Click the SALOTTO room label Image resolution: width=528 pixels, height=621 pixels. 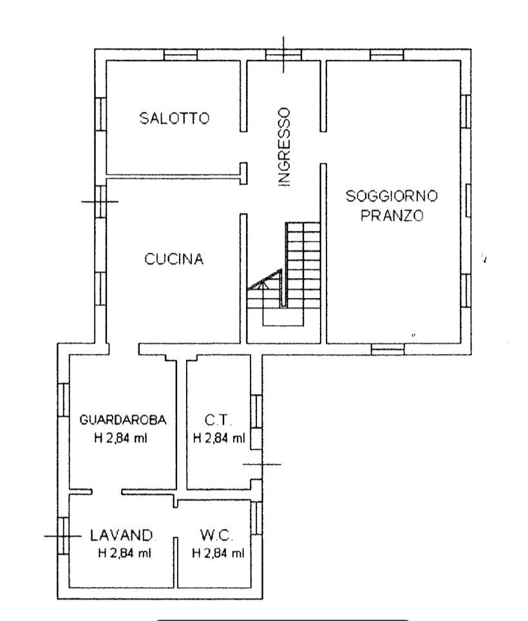[x=174, y=118]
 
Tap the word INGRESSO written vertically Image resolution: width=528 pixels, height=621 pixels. [x=284, y=147]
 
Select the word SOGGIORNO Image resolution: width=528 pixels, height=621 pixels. [x=391, y=196]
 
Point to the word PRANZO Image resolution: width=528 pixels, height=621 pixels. [x=391, y=216]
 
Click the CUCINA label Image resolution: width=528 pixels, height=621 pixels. [x=174, y=259]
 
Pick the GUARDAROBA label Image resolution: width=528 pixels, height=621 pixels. [x=123, y=420]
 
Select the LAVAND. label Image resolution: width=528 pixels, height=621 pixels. [x=121, y=535]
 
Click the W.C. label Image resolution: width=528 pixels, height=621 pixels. [x=216, y=535]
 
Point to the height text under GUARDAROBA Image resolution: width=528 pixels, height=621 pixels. [x=120, y=438]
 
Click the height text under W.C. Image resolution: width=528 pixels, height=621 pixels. [x=218, y=553]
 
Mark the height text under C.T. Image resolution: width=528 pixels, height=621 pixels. [x=219, y=438]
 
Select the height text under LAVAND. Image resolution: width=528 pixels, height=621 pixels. [x=124, y=553]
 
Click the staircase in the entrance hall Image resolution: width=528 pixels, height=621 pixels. [x=284, y=274]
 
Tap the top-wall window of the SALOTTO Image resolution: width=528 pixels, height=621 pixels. [x=180, y=55]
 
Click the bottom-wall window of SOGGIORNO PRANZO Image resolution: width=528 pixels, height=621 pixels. [x=388, y=349]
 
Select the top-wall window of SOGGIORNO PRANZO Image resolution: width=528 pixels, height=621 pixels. [x=387, y=55]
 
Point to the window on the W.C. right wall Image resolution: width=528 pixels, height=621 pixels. [x=256, y=518]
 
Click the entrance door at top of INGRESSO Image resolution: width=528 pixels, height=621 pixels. [x=283, y=55]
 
